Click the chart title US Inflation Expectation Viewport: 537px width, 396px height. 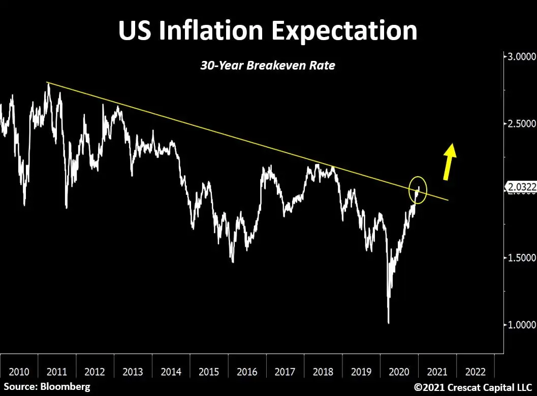pos(268,30)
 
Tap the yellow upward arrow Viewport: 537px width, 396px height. pos(449,161)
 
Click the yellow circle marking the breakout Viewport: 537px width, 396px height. pos(418,190)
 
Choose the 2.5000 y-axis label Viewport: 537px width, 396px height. pos(519,123)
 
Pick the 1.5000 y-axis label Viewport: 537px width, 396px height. pos(519,257)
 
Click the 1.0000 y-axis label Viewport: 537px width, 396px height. pos(519,324)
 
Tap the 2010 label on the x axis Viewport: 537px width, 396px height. pos(19,372)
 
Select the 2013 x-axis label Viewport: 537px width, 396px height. pos(133,372)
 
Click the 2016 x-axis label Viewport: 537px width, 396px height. pos(247,372)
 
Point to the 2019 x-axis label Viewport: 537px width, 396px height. pos(361,372)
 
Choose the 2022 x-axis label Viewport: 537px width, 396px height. pos(475,372)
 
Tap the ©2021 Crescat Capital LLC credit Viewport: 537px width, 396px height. pos(472,387)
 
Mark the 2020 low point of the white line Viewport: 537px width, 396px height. pos(389,322)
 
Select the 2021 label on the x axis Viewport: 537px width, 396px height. pos(437,372)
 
